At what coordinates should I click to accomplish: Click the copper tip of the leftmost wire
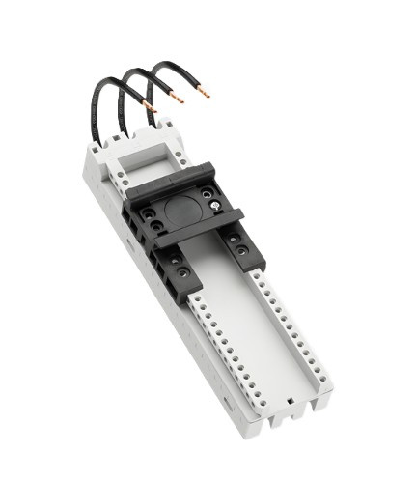tap(150, 105)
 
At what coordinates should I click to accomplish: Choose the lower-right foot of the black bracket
tap(251, 256)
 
